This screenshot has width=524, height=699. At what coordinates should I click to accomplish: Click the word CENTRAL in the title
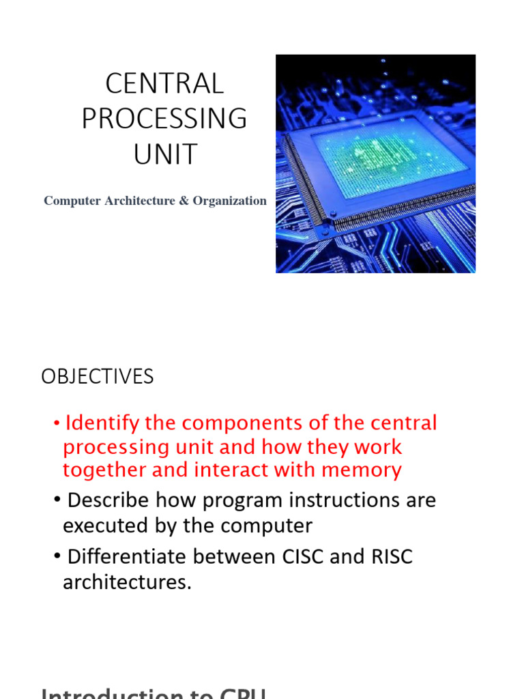(x=164, y=84)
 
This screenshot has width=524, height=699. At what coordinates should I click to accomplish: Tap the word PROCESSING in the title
(x=164, y=119)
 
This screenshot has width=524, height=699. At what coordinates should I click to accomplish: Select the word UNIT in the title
(x=164, y=154)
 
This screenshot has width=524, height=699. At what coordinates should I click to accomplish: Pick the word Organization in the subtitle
(x=229, y=201)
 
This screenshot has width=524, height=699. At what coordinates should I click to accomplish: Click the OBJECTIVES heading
(x=98, y=377)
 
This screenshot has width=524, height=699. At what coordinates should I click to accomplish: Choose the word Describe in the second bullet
(x=108, y=500)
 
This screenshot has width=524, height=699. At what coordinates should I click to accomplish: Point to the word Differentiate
(x=127, y=556)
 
